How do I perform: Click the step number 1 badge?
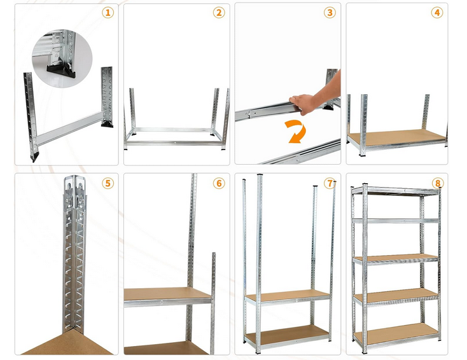(x=108, y=13)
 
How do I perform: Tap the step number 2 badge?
(x=219, y=13)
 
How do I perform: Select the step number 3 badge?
(x=330, y=13)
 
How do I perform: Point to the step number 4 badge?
(x=437, y=13)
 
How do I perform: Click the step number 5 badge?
(x=108, y=183)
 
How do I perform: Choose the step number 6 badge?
(x=219, y=183)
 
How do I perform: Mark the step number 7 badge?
(x=330, y=183)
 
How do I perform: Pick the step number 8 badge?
(x=438, y=183)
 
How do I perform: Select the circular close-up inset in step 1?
(x=62, y=59)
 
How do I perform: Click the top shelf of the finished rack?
(x=396, y=191)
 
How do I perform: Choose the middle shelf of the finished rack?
(x=396, y=258)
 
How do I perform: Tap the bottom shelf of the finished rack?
(x=396, y=333)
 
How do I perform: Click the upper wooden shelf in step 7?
(x=288, y=296)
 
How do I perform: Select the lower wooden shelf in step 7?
(x=288, y=333)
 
